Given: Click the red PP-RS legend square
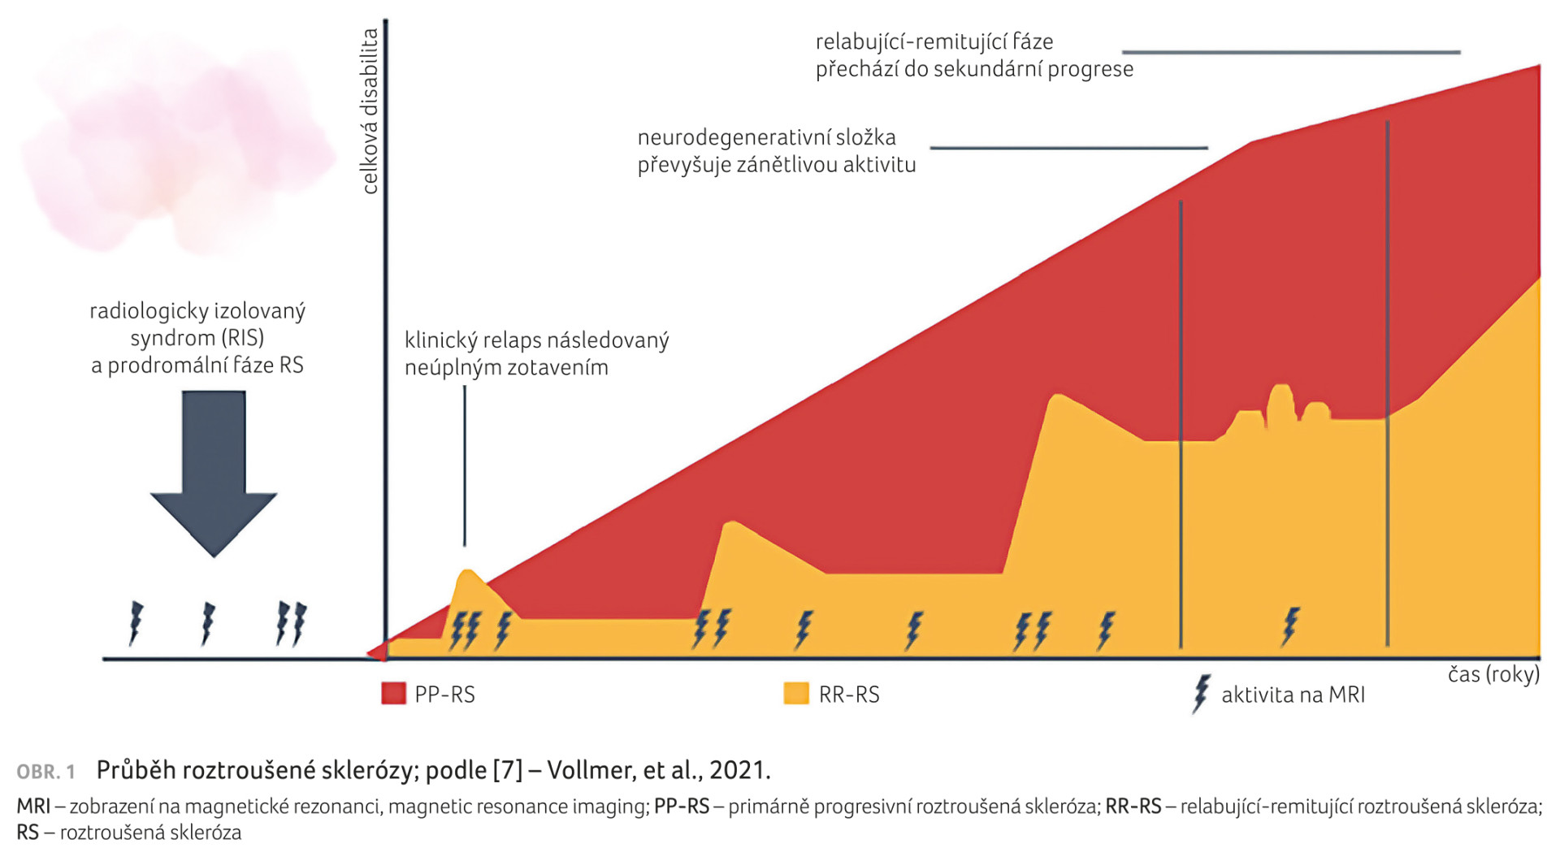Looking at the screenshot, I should pyautogui.click(x=393, y=693).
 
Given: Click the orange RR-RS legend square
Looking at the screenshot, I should pyautogui.click(x=796, y=693).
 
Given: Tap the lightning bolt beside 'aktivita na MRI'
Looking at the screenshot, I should pyautogui.click(x=1201, y=694).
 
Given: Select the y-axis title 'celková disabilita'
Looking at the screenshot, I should pyautogui.click(x=370, y=111).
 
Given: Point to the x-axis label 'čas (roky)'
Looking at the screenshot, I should pyautogui.click(x=1493, y=674).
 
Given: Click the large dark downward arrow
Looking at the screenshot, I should pyautogui.click(x=214, y=471).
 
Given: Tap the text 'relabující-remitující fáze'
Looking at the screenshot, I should pyautogui.click(x=934, y=41).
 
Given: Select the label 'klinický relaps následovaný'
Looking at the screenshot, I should pyautogui.click(x=536, y=340).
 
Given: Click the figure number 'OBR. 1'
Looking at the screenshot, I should pyautogui.click(x=45, y=771).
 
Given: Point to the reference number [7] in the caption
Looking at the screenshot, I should pyautogui.click(x=508, y=769).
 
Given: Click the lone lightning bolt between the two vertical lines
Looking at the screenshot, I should pyautogui.click(x=1289, y=626).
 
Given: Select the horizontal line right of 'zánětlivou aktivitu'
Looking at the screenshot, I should pyautogui.click(x=1068, y=148).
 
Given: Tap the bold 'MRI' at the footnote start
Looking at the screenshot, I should pyautogui.click(x=33, y=806).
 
